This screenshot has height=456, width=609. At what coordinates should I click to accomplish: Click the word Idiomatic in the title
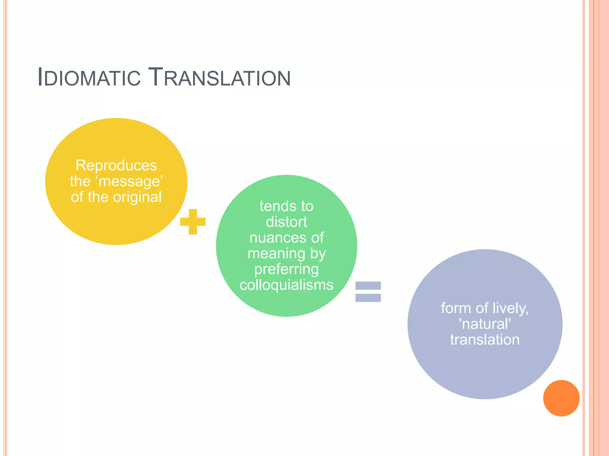89,78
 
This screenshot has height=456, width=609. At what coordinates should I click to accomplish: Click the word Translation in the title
219,78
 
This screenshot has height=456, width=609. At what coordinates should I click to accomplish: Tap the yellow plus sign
193,222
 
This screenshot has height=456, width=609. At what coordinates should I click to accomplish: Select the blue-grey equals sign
368,292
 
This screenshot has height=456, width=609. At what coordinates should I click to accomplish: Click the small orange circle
561,398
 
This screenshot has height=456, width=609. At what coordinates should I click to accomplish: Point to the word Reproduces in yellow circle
116,165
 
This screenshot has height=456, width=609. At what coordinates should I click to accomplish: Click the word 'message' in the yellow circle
131,181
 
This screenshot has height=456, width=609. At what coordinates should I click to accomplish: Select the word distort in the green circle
286,222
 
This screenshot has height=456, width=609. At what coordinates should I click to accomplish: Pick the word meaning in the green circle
276,254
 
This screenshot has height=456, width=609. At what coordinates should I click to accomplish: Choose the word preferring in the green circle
286,269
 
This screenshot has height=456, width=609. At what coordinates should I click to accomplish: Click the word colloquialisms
286,285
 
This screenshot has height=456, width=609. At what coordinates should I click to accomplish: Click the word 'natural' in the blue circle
485,324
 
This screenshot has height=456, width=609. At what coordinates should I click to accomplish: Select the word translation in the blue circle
485,340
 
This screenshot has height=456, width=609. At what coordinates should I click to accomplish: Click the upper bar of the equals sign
368,286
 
